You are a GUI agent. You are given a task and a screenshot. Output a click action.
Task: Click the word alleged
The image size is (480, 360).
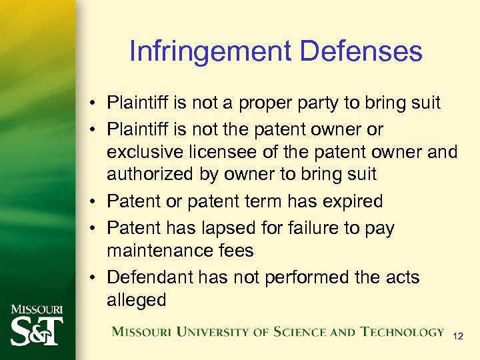tap(136, 300)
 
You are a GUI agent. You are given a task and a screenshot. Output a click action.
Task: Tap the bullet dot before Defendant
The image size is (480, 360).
tap(93, 277)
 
